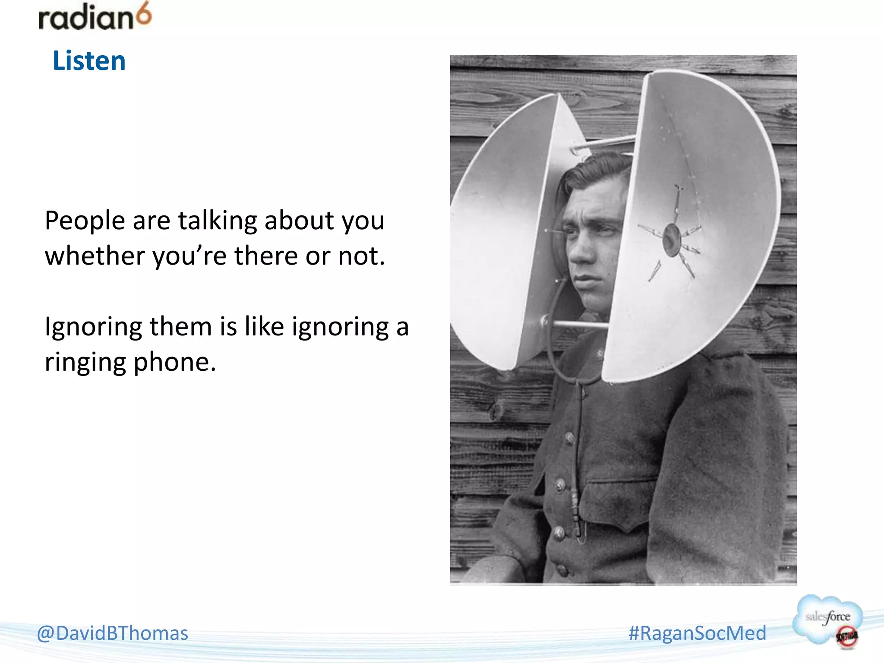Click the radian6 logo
click(95, 17)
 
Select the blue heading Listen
click(89, 60)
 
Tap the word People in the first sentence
click(85, 221)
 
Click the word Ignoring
click(93, 327)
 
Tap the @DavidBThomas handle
click(113, 633)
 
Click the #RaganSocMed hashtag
click(697, 633)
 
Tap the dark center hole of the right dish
click(671, 240)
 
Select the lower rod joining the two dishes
click(581, 324)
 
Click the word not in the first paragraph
click(361, 256)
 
